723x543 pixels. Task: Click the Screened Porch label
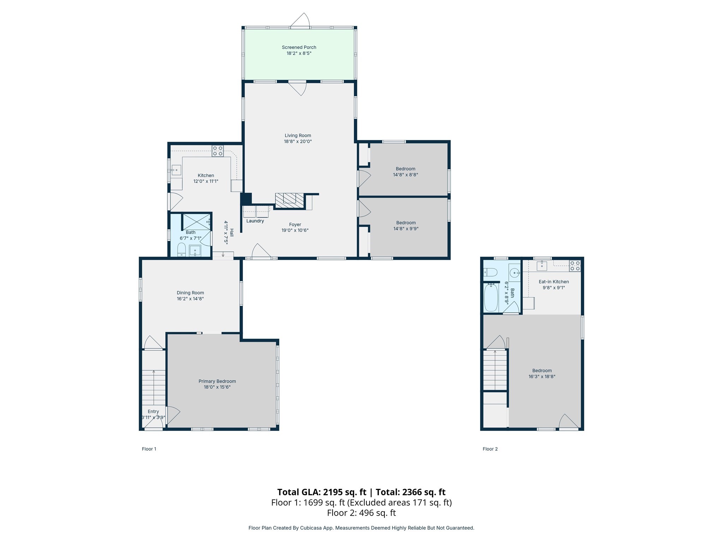tap(299, 47)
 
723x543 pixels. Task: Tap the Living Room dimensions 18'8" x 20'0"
tap(298, 141)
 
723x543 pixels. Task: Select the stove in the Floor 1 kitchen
tap(217, 151)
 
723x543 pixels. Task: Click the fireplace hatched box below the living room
tap(289, 200)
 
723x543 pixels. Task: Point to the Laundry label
tap(255, 221)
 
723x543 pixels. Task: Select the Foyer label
tap(295, 224)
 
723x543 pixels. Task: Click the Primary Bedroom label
tap(217, 381)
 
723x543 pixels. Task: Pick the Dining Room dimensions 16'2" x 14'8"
tap(190, 299)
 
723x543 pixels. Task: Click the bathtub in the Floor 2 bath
tap(491, 298)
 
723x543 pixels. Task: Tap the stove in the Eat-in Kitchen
tap(575, 266)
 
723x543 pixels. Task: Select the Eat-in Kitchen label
tap(554, 282)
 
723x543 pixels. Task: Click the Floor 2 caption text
tap(490, 449)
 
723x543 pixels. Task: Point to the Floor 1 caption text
tap(149, 449)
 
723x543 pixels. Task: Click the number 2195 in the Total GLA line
tap(333, 492)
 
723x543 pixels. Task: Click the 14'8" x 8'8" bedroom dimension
tap(405, 175)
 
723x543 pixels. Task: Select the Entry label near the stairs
tap(153, 411)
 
